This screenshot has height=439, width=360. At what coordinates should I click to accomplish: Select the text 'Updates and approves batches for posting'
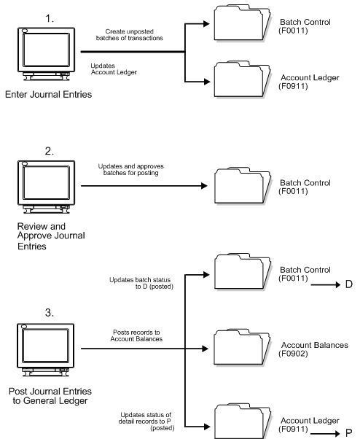click(x=129, y=172)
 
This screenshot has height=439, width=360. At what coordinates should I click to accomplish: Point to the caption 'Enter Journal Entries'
click(x=45, y=95)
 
